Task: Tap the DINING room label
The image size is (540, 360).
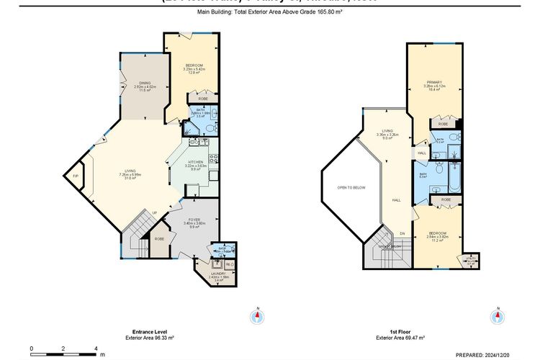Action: (144, 83)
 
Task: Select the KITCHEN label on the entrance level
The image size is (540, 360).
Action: (196, 162)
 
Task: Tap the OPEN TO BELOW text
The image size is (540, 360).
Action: (351, 187)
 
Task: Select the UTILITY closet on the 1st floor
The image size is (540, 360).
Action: (471, 260)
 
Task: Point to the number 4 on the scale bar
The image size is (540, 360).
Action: (96, 348)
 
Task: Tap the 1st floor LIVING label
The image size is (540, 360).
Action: (387, 131)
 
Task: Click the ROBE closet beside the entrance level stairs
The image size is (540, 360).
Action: (159, 238)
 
